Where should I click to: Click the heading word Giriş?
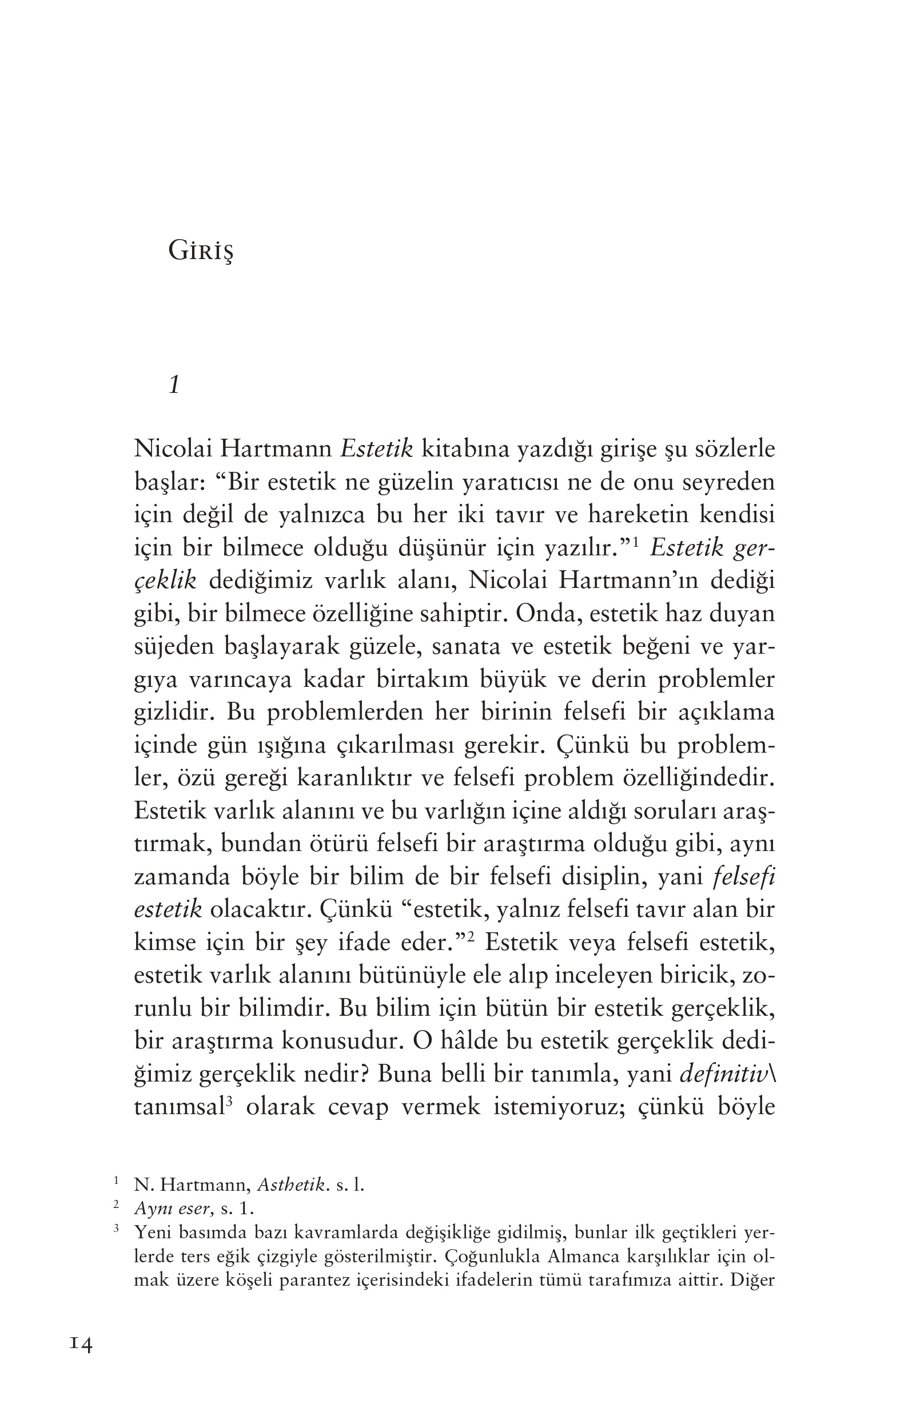click(x=201, y=252)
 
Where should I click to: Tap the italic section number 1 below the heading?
click(x=174, y=386)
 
